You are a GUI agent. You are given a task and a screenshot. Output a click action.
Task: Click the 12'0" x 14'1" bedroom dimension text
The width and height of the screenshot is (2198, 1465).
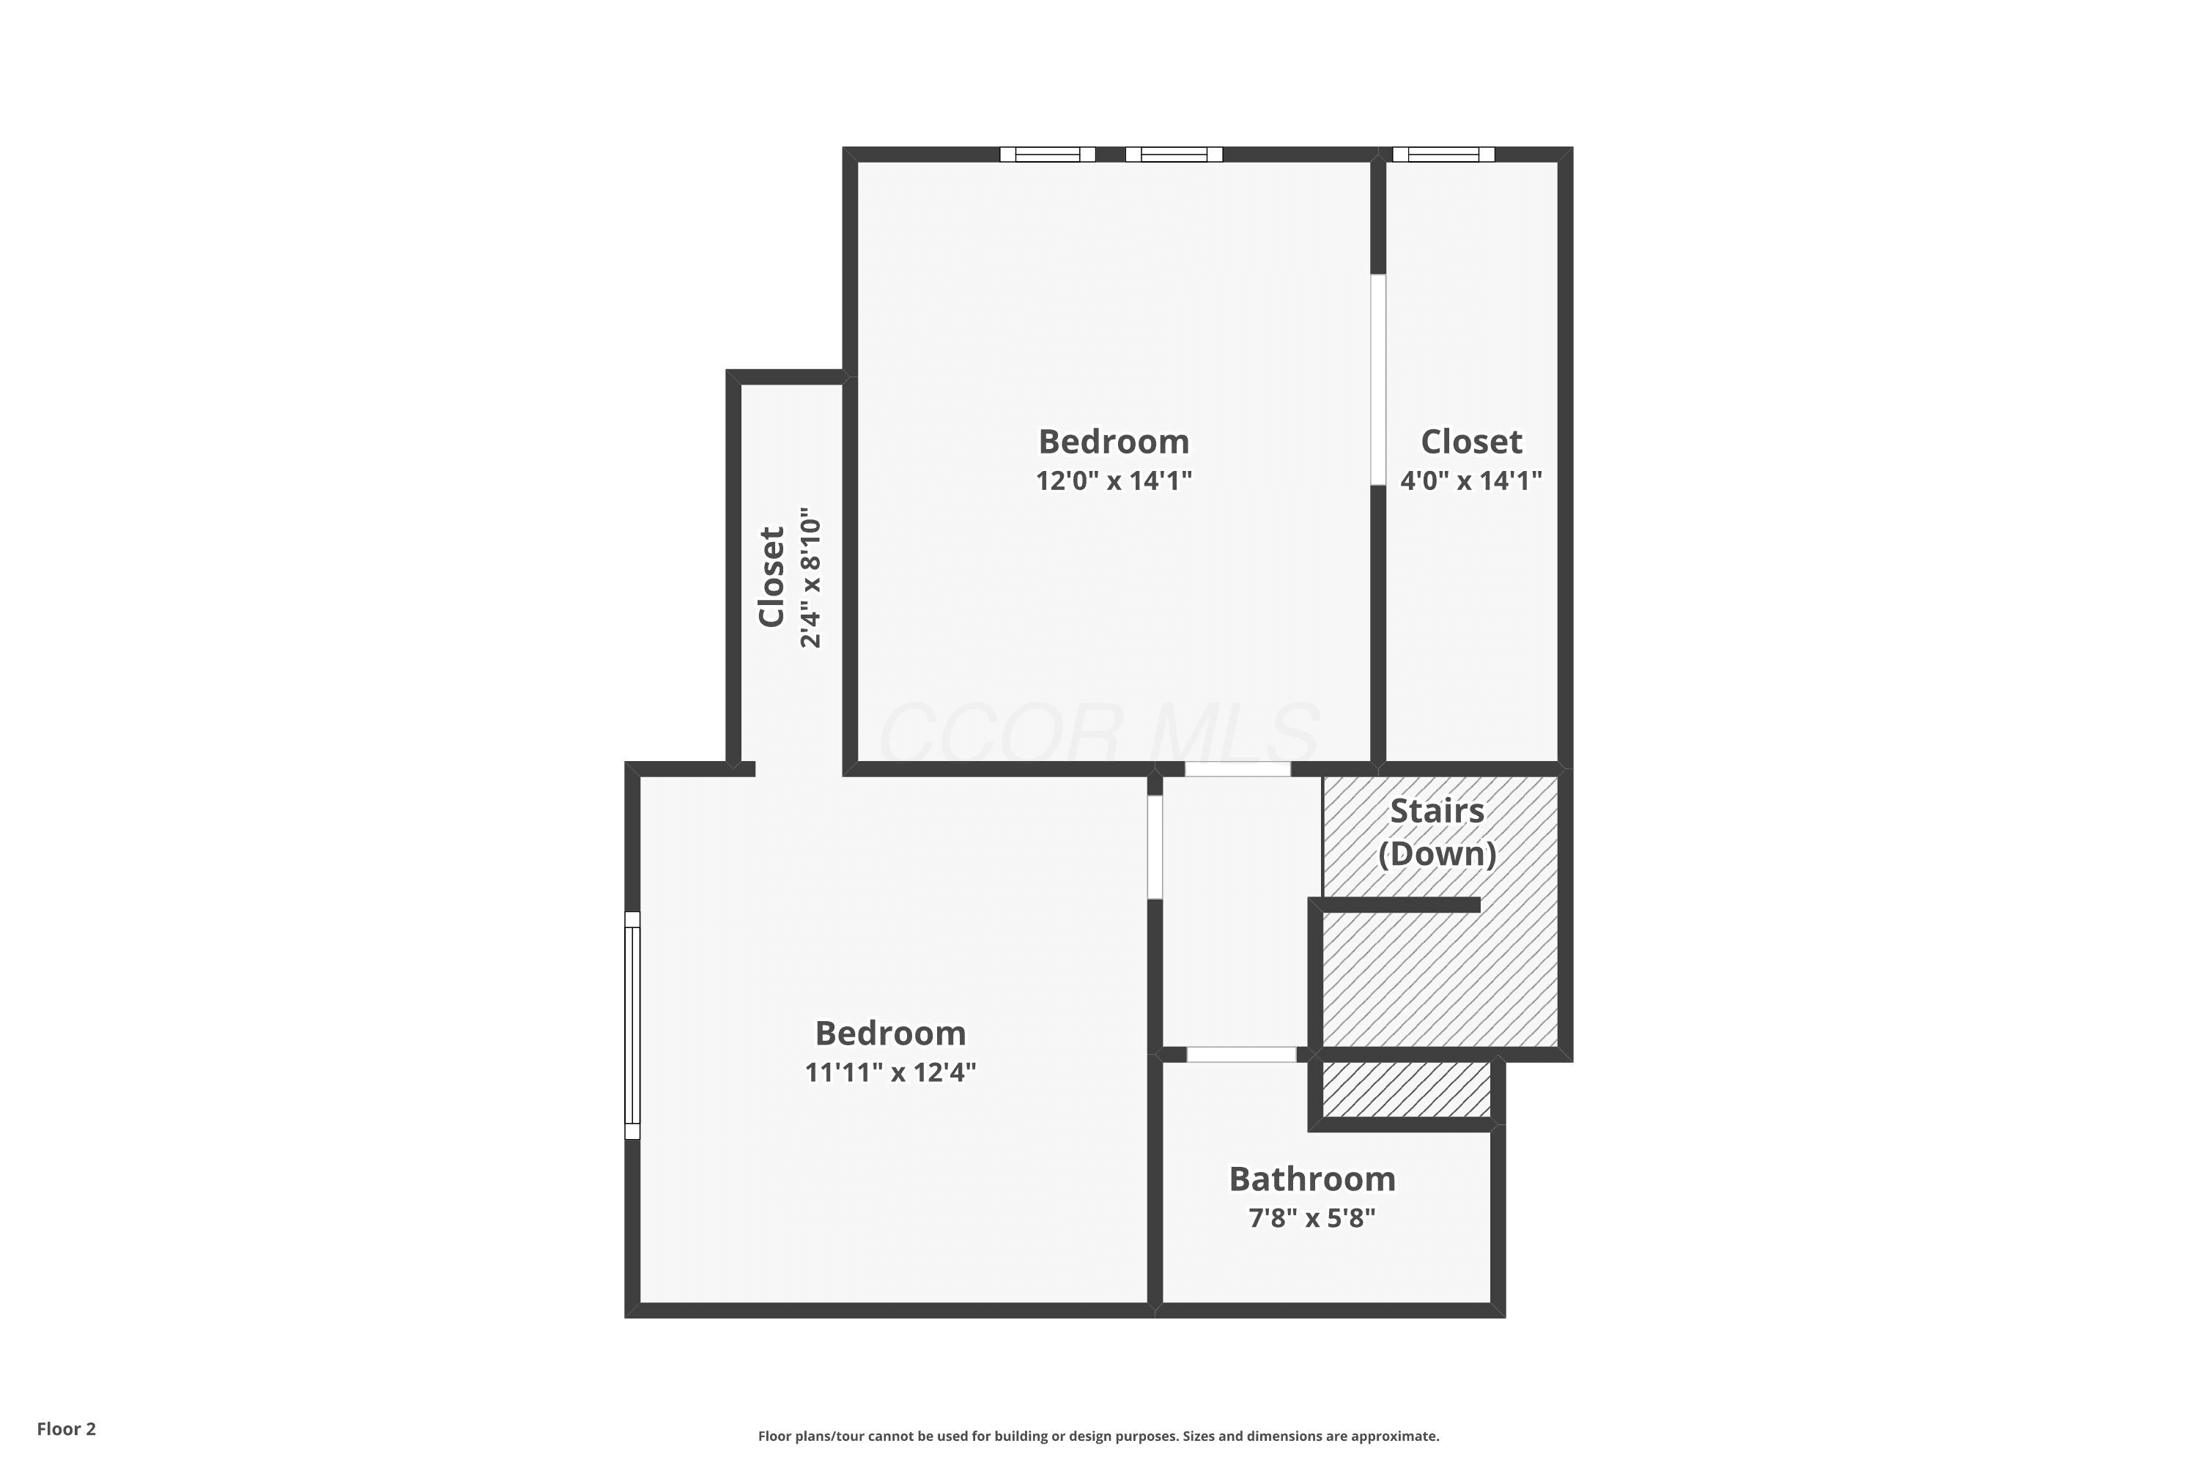(x=1114, y=481)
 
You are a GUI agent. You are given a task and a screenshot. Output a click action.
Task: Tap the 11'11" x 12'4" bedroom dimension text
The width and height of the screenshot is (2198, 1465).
(x=891, y=1072)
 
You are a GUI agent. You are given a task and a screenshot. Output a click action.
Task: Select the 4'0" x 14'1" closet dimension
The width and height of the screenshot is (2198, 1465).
(x=1471, y=481)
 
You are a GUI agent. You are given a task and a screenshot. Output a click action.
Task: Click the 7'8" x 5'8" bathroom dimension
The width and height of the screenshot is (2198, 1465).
(x=1312, y=1218)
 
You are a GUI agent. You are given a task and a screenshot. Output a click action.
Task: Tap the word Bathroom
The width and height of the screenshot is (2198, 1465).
(x=1312, y=1179)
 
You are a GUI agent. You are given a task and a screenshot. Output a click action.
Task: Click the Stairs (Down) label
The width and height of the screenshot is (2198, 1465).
(x=1437, y=831)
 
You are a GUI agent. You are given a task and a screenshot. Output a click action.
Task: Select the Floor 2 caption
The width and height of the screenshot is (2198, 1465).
(x=67, y=1428)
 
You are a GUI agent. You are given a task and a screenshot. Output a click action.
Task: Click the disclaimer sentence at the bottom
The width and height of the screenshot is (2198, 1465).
(x=1098, y=1436)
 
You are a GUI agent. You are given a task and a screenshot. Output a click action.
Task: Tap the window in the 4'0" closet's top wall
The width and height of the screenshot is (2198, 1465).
(x=1443, y=154)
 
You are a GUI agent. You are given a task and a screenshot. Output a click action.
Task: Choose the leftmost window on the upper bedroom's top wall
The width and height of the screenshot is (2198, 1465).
(x=1048, y=154)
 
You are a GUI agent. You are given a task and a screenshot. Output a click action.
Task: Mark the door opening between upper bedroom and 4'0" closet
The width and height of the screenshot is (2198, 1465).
(x=1377, y=379)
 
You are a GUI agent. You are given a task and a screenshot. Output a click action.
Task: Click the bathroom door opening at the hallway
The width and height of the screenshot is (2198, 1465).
(x=1241, y=1055)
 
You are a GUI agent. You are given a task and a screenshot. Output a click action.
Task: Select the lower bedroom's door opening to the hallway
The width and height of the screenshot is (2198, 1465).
(x=1155, y=847)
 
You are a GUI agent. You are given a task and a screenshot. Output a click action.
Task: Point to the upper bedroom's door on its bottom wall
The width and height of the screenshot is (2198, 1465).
(x=1237, y=769)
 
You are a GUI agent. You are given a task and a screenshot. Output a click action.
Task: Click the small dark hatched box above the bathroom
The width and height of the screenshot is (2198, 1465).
(x=1407, y=1089)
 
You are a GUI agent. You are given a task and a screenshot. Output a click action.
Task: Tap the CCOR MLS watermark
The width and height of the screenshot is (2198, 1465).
(x=1099, y=733)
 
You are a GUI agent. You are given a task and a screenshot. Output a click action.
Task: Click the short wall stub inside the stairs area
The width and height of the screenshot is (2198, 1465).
(x=1394, y=905)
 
